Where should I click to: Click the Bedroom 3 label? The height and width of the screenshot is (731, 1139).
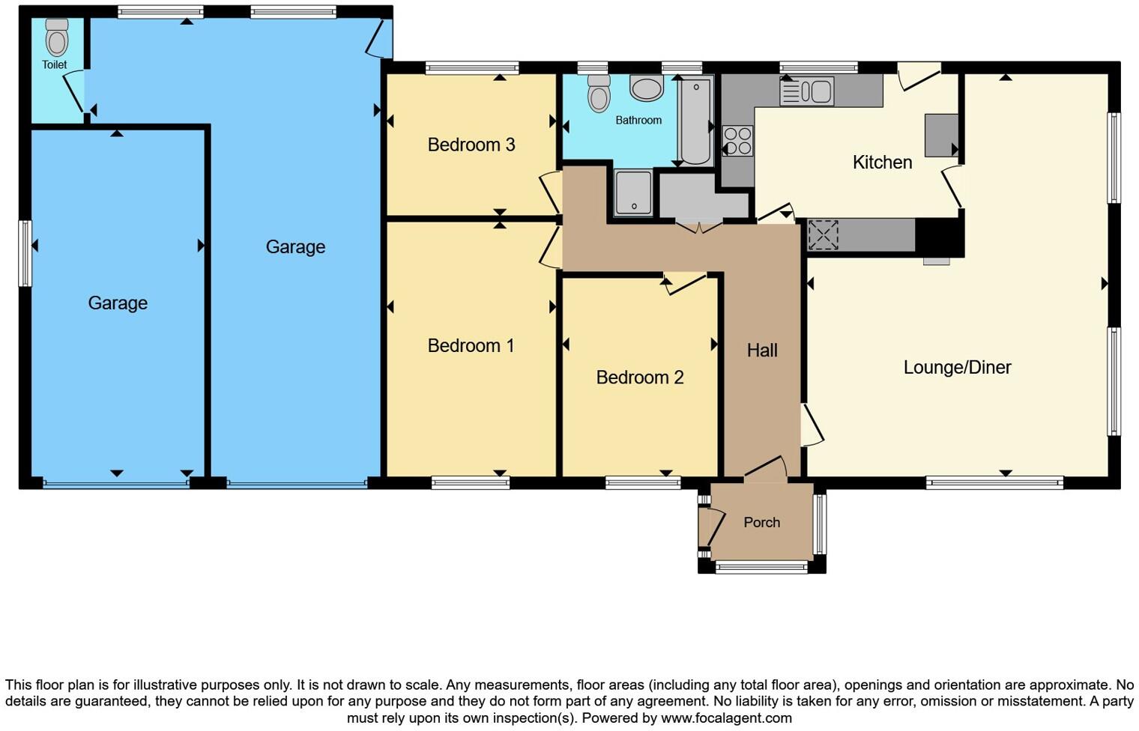(471, 145)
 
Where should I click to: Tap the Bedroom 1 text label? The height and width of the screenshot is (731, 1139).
(471, 345)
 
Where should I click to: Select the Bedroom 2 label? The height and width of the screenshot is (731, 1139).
(639, 377)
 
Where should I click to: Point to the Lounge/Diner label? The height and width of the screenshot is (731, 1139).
(957, 367)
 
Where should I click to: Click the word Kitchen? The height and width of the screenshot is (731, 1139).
(882, 163)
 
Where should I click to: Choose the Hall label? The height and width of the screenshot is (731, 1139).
(761, 350)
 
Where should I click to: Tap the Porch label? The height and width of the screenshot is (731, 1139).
(761, 523)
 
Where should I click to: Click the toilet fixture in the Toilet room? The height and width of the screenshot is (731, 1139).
(57, 38)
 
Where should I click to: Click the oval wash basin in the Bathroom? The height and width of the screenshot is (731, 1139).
(647, 88)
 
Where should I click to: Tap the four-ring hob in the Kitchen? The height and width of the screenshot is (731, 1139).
(737, 141)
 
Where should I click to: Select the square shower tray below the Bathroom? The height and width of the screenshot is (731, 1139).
(633, 192)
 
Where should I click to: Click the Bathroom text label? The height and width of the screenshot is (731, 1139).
(638, 120)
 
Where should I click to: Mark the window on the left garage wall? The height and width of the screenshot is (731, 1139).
(25, 253)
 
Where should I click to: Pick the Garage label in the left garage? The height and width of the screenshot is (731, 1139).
(118, 303)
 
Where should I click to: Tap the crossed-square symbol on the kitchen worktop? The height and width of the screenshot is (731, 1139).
(823, 235)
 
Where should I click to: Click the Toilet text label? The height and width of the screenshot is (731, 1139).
(54, 65)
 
